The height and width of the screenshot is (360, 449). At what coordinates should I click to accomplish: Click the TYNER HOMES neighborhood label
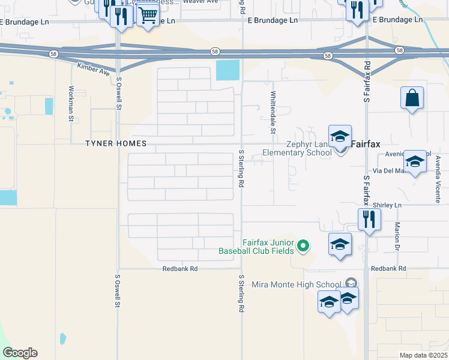107,143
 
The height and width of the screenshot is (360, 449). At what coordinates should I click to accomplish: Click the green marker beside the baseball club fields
304,245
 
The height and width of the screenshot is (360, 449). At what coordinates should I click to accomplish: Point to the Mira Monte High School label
297,284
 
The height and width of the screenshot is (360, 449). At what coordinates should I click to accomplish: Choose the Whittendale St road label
273,112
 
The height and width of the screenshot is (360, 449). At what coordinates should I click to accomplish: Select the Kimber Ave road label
94,69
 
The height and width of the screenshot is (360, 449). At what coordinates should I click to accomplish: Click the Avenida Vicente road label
438,179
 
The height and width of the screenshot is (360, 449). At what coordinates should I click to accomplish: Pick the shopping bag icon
412,98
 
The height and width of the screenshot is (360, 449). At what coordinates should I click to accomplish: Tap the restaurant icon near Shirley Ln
369,219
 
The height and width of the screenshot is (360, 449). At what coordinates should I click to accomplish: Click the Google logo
20,353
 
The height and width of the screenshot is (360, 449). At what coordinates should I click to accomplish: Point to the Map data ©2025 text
423,355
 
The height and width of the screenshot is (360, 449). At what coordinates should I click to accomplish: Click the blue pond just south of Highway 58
227,70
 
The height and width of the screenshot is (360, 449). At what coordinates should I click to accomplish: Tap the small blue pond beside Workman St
49,106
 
